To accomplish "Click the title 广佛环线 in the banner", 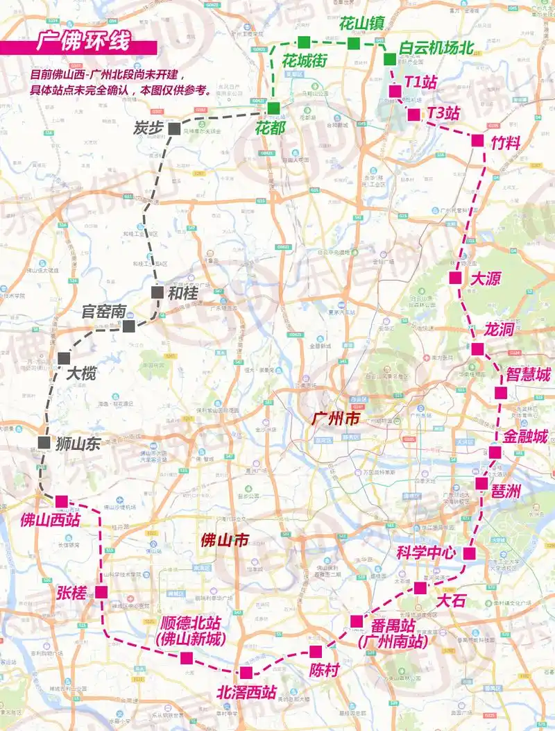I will click(83, 42).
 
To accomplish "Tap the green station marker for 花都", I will click(274, 108).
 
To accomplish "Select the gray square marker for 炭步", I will click(173, 128).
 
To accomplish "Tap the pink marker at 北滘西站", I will click(246, 672).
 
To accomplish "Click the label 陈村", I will click(325, 671).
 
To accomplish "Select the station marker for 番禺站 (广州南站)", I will click(357, 621).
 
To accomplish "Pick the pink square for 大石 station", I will click(420, 588).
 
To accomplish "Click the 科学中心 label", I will click(425, 553).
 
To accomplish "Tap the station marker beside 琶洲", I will click(481, 482).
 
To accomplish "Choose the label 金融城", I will click(525, 437).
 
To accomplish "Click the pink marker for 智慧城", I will click(501, 393).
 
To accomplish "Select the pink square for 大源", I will click(455, 278).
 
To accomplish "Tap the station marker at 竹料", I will click(477, 140).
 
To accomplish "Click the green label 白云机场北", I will click(436, 48).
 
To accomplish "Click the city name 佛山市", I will click(224, 539).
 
